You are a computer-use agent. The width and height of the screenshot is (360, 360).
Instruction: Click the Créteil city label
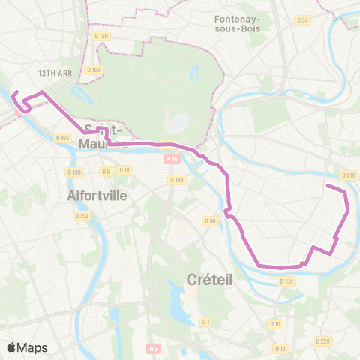pos(210,279)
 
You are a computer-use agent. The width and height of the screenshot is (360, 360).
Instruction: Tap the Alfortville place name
pos(97,195)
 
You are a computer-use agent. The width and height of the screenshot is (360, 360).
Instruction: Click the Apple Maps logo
pos(27,347)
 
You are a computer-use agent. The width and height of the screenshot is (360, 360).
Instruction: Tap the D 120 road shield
pos(102,35)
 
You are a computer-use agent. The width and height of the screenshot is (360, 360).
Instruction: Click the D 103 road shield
pos(62,137)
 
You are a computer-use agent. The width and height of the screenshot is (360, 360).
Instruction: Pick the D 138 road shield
pos(73,172)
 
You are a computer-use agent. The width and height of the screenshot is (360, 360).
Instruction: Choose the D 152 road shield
pos(82,216)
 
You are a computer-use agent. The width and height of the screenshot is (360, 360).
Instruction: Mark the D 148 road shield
pos(177,179)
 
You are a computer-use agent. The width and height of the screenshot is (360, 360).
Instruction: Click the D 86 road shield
pos(211,220)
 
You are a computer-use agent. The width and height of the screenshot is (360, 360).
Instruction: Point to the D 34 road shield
pos(302,20)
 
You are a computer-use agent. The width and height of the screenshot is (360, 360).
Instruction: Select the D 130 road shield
pos(286,281)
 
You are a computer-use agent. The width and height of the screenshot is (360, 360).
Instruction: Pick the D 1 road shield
pos(204,321)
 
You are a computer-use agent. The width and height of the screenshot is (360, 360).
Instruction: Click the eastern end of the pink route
pos(328,185)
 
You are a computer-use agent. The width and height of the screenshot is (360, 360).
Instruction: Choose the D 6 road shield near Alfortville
pos(106,171)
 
